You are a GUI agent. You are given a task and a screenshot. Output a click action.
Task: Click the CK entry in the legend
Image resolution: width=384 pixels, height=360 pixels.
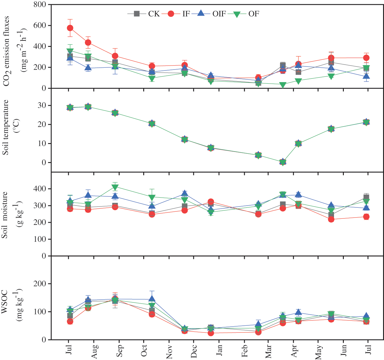[153, 14]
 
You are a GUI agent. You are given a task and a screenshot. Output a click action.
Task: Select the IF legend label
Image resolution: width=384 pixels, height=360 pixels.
[186, 14]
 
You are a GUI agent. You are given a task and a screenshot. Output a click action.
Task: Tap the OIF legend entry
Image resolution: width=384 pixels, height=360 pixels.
[219, 14]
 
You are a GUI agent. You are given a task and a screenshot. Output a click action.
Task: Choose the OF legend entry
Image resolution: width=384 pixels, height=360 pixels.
[253, 14]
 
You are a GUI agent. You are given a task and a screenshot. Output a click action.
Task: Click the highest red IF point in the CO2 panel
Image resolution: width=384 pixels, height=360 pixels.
[70, 28]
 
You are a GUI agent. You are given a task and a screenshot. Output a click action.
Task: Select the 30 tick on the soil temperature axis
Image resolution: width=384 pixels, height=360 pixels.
[42, 105]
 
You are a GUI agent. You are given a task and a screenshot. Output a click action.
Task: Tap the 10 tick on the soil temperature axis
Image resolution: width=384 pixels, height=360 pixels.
[42, 143]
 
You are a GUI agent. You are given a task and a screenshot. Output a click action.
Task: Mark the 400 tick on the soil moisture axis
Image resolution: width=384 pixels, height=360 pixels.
[40, 189]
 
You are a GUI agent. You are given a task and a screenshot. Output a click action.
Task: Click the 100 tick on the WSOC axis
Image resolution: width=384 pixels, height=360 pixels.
[40, 312]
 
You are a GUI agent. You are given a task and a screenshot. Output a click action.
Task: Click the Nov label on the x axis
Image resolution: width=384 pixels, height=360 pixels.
[169, 352]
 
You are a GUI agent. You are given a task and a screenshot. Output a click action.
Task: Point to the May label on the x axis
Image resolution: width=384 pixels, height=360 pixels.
[319, 352]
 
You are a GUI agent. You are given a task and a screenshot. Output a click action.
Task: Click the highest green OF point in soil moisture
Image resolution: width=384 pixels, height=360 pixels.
[115, 187]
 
